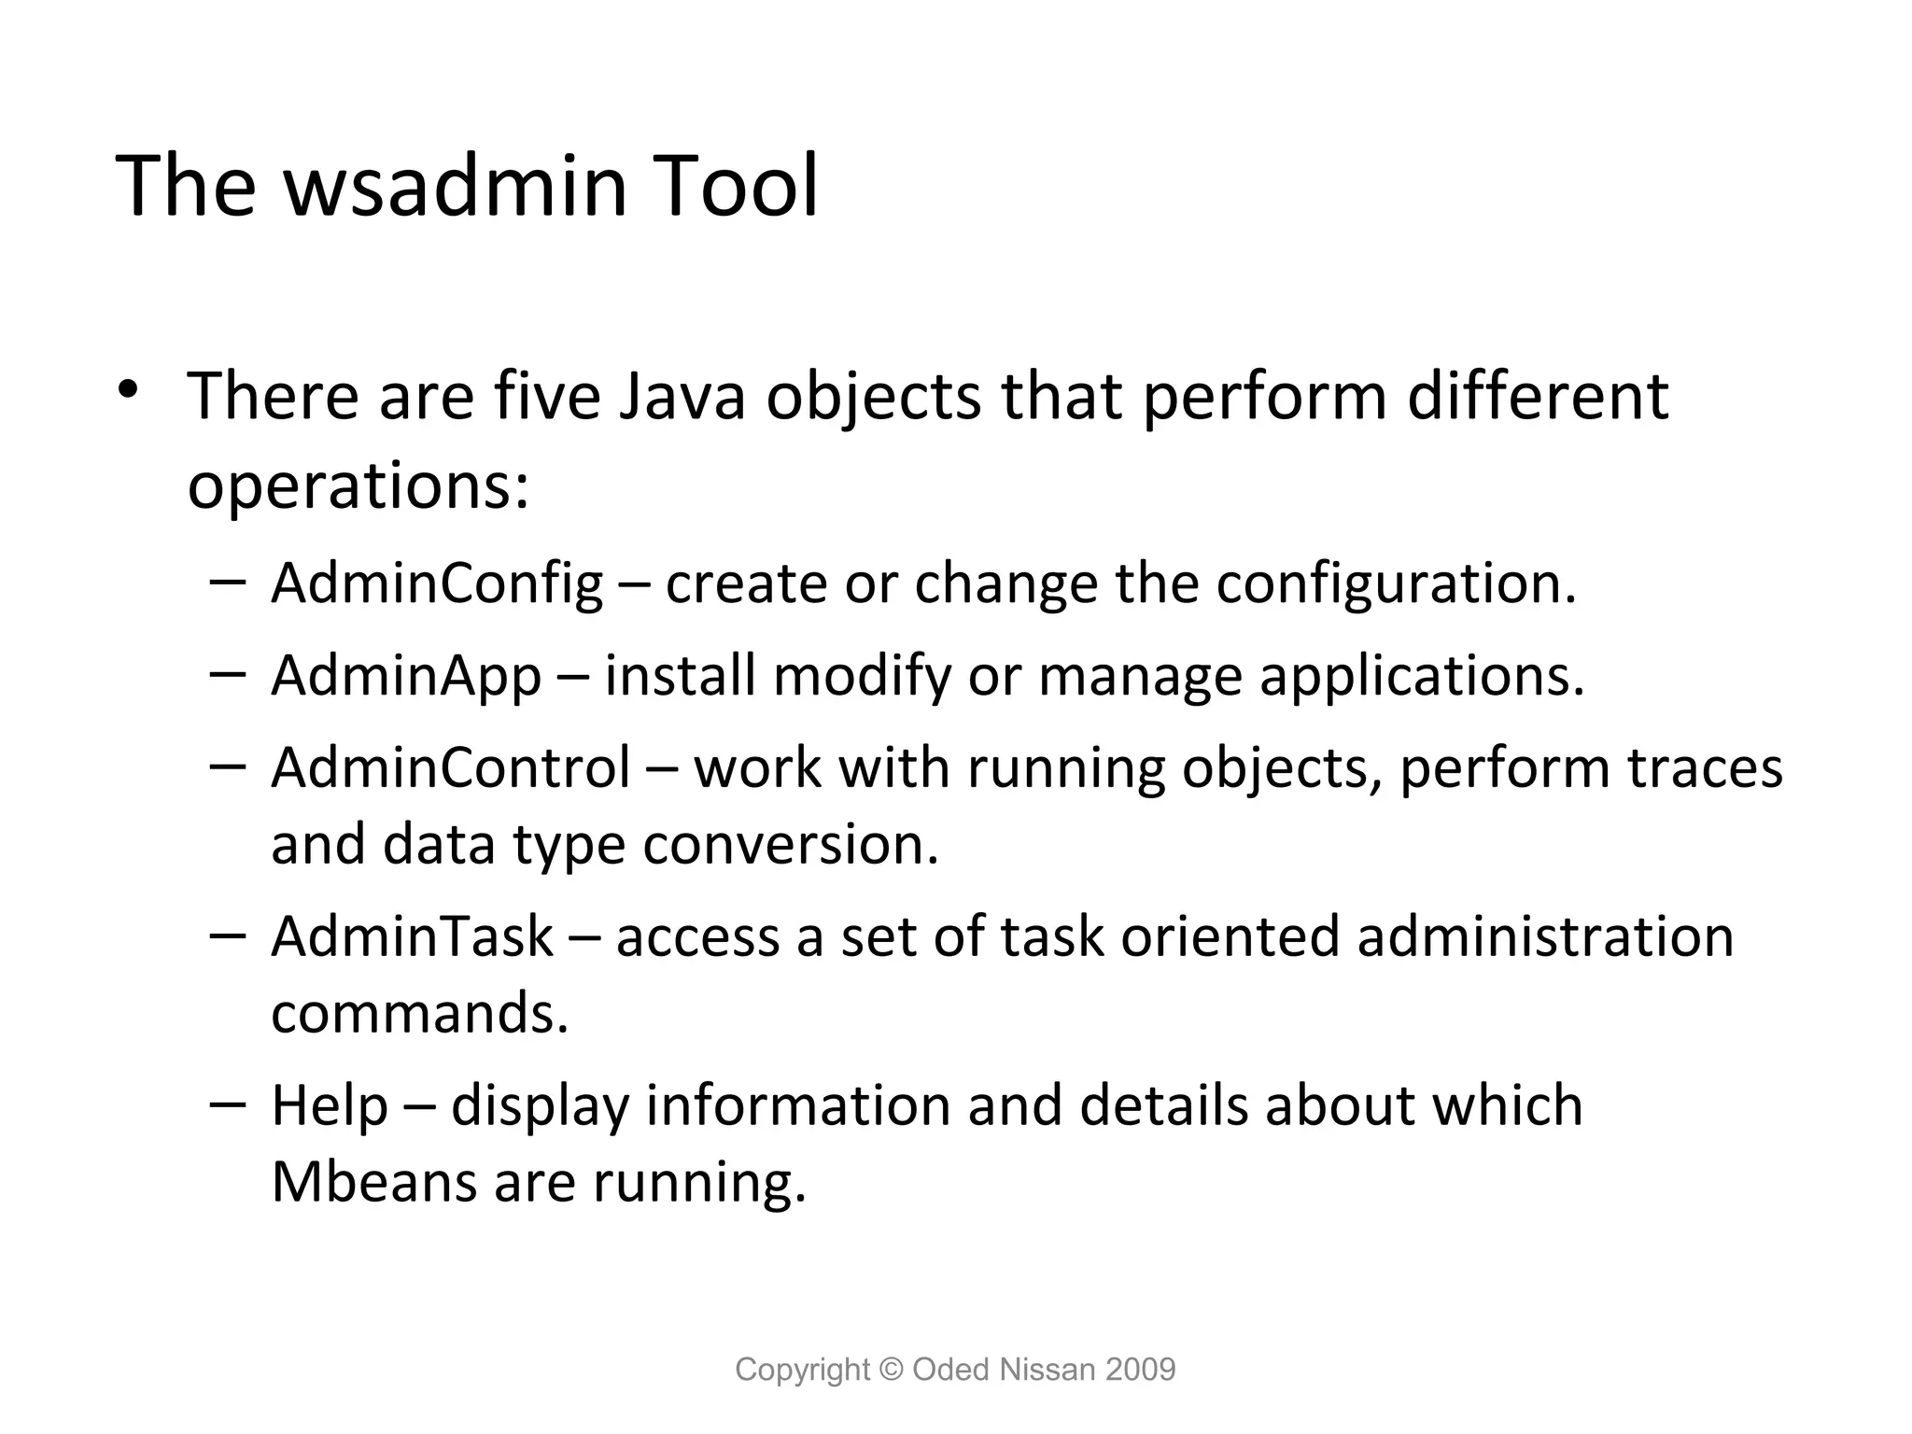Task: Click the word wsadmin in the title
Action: click(457, 186)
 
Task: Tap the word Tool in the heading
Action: click(738, 186)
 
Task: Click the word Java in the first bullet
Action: click(682, 396)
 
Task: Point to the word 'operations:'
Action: click(358, 486)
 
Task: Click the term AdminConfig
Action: click(437, 583)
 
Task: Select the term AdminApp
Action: click(406, 675)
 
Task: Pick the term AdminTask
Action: click(413, 936)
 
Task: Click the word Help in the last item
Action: click(329, 1105)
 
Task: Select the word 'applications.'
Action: click(1422, 675)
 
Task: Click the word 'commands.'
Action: click(419, 1013)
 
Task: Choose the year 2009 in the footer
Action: click(1140, 1370)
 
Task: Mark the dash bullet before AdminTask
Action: click(228, 935)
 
